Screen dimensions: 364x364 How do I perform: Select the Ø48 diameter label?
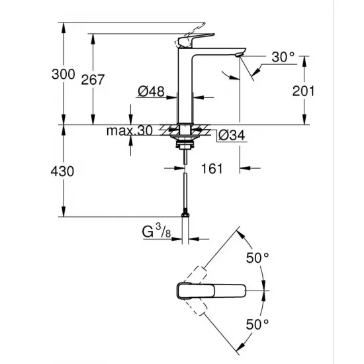coord(153,93)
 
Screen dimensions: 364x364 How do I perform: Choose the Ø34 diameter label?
coord(232,135)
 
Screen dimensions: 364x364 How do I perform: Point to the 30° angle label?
coord(283,58)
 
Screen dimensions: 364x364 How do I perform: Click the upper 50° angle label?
coord(257,257)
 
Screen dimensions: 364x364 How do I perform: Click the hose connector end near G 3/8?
coord(185,212)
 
